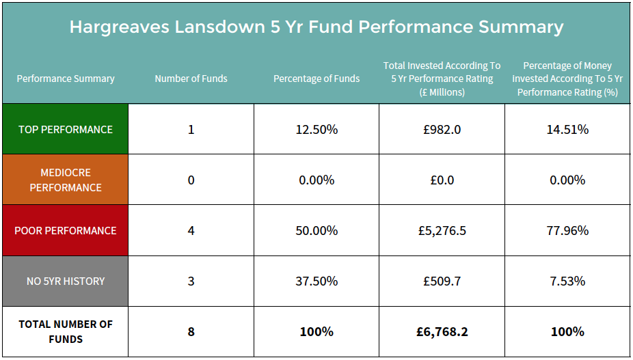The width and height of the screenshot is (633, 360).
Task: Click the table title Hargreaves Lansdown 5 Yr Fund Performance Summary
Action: pos(316,27)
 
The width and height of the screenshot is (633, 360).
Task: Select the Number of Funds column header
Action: pos(191,79)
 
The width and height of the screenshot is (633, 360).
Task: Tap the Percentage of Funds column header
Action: pos(316,79)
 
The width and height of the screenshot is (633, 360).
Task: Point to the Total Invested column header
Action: pos(442,79)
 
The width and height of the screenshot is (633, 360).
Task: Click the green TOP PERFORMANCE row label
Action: pos(66,129)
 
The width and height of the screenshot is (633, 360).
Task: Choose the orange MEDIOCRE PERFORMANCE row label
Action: pos(66,180)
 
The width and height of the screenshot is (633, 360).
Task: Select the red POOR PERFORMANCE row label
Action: pos(66,230)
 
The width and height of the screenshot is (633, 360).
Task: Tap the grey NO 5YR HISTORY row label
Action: pos(66,281)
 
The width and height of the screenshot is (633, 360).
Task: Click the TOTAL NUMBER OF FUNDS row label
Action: pos(66,331)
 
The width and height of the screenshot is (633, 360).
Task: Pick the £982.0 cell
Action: pos(442,129)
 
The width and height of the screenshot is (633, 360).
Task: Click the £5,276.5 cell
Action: pos(442,230)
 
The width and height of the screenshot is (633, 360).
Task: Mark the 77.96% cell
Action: pos(567,230)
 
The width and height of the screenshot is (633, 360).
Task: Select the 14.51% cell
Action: pos(567,129)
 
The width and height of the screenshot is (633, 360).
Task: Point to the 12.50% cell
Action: pos(316,129)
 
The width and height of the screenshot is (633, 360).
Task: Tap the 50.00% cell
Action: pos(316,230)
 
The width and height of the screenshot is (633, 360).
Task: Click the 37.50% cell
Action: pos(316,281)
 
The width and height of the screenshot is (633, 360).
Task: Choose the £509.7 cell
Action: pos(442,281)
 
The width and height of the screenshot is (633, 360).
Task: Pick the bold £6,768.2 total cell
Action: pos(442,331)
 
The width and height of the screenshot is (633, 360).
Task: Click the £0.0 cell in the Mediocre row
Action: pos(442,180)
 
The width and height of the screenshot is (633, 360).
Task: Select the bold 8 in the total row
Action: pos(191,331)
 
